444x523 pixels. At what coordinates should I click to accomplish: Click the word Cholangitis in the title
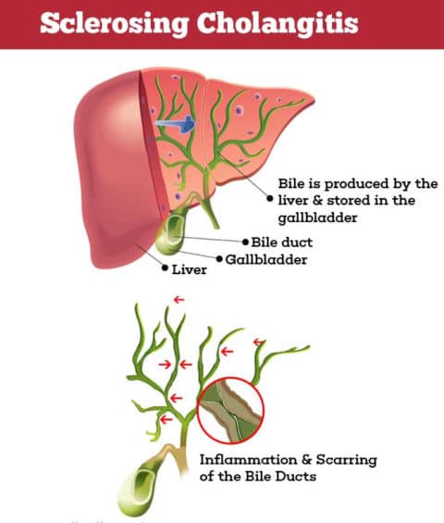point(277,23)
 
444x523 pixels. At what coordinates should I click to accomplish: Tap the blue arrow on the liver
point(176,124)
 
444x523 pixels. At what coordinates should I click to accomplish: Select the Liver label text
point(189,269)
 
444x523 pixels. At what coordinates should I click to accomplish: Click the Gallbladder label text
point(266,259)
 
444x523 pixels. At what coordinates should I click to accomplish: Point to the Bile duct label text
point(282,243)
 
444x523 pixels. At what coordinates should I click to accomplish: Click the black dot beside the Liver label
point(165,268)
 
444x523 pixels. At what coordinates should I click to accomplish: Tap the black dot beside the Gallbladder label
point(219,259)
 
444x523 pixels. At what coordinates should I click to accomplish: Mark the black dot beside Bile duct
point(246,242)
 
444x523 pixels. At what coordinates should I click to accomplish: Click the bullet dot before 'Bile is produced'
point(270,198)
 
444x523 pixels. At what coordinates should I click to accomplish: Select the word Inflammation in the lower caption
point(248,460)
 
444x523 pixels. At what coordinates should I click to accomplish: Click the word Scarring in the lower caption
point(346,460)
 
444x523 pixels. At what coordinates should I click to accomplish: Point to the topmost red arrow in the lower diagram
point(179,300)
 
